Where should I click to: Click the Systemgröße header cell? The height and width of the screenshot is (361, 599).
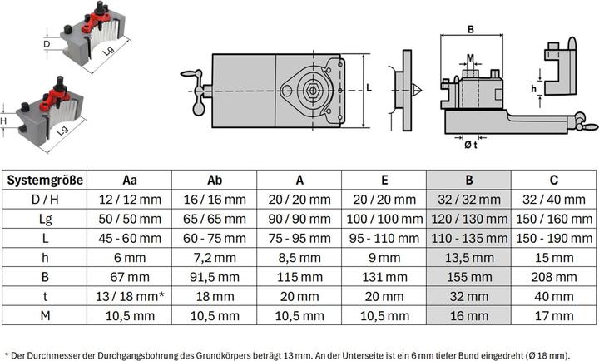[x=45, y=180]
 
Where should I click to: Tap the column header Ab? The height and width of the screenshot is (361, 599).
[x=214, y=180]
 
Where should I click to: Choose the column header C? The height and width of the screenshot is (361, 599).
[x=552, y=180]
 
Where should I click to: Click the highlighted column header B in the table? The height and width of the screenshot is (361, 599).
[x=468, y=180]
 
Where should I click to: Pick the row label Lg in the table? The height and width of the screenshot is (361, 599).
[x=45, y=218]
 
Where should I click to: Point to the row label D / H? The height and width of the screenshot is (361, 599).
[x=45, y=199]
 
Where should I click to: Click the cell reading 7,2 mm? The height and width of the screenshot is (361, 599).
[x=214, y=258]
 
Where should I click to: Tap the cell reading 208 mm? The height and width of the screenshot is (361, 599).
[x=552, y=277]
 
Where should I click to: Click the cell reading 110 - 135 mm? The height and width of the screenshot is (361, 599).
[x=468, y=238]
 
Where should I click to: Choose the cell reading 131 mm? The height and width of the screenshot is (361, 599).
[x=383, y=277]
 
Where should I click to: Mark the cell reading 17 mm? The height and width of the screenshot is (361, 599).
[x=552, y=316]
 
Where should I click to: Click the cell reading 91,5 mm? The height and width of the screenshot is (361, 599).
[x=214, y=277]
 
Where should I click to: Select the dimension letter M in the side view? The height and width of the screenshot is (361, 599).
[x=471, y=59]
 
